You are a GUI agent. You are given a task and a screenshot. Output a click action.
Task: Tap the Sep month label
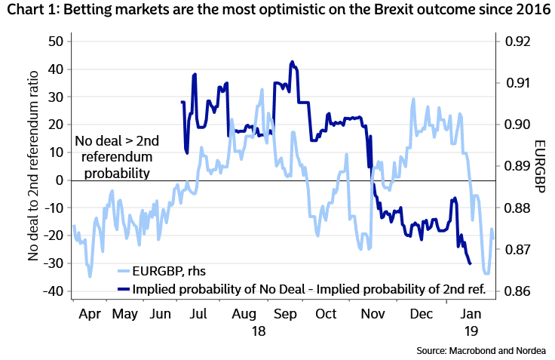(284, 313)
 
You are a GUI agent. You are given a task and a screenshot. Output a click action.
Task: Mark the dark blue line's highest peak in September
(292, 62)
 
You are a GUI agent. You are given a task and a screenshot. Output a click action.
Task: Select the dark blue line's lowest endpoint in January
(471, 264)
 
